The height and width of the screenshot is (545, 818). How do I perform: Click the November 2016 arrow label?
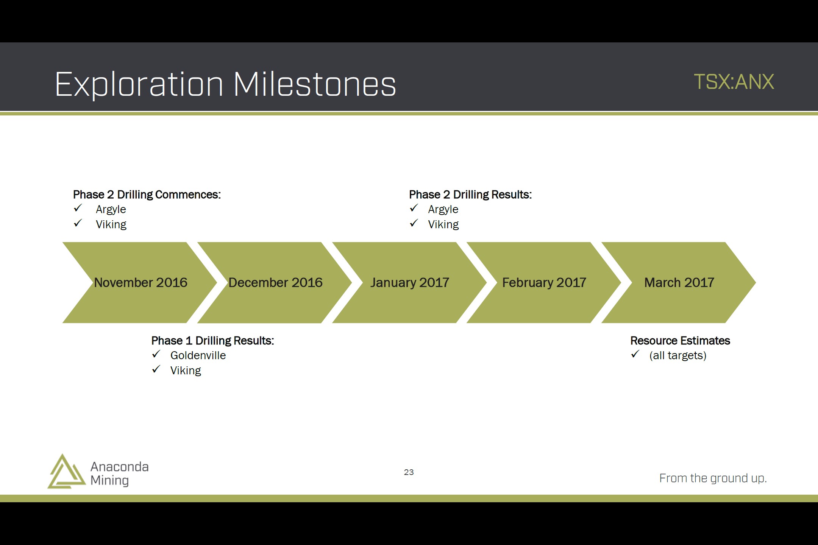(140, 282)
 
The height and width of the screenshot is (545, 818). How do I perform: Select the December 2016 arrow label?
(275, 282)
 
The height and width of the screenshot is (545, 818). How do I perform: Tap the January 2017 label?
(410, 283)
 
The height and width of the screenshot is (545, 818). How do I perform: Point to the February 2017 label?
(544, 283)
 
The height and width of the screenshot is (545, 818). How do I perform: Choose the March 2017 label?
(679, 282)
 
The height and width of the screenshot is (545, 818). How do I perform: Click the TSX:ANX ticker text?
(734, 82)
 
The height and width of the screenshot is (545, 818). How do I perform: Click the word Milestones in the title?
(315, 84)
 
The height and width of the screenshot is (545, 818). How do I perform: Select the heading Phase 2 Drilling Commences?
(147, 195)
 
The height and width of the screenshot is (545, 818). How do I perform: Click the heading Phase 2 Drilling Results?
(470, 195)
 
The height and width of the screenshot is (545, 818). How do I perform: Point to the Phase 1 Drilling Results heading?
(212, 341)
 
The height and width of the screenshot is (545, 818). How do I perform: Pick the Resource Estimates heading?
(680, 341)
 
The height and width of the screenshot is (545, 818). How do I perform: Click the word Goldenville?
(198, 355)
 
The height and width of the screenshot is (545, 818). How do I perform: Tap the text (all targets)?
(678, 356)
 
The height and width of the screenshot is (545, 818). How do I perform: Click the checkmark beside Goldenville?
(156, 354)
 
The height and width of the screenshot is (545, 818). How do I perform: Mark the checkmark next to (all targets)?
(635, 354)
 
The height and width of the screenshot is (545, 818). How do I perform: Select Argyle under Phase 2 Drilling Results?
(443, 210)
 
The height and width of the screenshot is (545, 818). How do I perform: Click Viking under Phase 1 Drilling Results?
(186, 371)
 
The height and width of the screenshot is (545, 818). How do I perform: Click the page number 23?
(409, 472)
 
